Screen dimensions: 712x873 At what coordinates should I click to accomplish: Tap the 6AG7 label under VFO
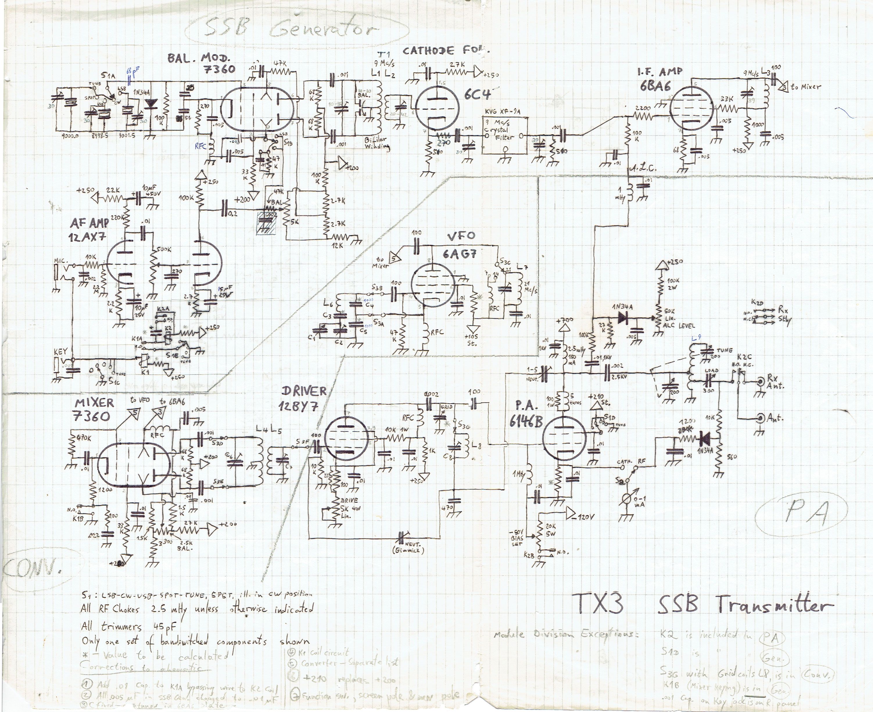click(459, 253)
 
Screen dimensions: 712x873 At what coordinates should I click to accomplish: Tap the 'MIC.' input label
click(62, 261)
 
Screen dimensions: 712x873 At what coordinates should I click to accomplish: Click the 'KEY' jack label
click(60, 352)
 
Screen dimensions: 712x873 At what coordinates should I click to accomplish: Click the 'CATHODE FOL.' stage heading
click(446, 51)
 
